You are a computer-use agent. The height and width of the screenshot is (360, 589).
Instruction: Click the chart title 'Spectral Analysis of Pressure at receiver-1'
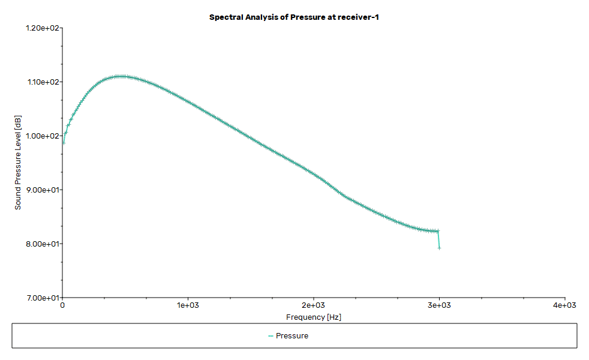tap(294, 17)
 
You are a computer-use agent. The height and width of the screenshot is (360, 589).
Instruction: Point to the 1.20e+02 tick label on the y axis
tap(43, 28)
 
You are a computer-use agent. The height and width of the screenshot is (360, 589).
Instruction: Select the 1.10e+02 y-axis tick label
tap(43, 82)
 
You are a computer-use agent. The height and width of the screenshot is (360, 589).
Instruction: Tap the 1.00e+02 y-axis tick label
tap(43, 136)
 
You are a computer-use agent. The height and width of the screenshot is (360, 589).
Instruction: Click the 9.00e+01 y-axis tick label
tap(43, 190)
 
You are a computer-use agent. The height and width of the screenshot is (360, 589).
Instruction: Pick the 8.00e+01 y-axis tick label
tap(43, 244)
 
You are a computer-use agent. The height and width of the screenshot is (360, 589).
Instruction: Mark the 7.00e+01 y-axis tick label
tap(43, 298)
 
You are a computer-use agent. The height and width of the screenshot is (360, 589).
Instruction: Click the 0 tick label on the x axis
tap(62, 305)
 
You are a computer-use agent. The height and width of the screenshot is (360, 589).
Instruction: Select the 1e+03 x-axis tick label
tap(188, 305)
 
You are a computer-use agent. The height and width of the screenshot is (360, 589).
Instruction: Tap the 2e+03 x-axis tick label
tap(313, 305)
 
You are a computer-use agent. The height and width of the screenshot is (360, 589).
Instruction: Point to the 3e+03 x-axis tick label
tap(439, 305)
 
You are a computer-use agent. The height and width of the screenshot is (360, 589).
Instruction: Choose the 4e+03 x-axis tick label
tap(564, 305)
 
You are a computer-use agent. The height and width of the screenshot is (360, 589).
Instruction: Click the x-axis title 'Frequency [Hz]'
tap(313, 317)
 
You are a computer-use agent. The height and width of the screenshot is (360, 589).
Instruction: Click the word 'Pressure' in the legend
tap(292, 336)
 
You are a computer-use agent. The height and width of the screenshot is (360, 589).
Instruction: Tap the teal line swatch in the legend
tap(271, 336)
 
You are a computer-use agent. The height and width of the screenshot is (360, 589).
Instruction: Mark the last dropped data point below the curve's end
tap(440, 247)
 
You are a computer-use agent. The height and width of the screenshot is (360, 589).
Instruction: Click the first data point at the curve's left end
tap(64, 142)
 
